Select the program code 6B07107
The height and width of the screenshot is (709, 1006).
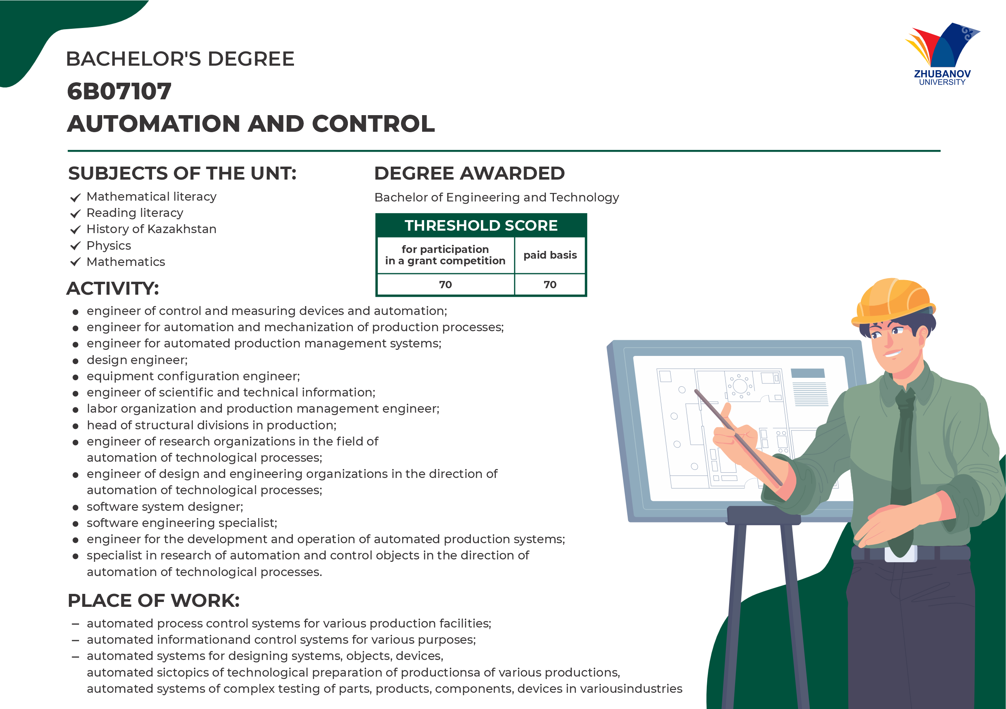coord(119,92)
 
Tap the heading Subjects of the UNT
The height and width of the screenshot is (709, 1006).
coord(182,174)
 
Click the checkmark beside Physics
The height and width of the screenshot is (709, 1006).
coord(75,246)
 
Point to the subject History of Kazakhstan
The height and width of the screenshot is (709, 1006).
coord(151,229)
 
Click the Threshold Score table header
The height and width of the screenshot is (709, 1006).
coord(481,225)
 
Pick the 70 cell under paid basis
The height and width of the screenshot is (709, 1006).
coord(550,285)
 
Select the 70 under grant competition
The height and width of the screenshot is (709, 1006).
coord(446,285)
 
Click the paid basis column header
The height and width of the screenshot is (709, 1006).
coord(550,255)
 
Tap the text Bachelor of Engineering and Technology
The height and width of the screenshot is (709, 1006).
coord(496,197)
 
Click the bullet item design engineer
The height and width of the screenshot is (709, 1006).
coord(137,360)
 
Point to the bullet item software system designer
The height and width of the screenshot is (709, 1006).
coord(165,507)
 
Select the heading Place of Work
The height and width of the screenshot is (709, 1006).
coord(154,601)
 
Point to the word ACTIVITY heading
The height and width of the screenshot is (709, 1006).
coord(113,289)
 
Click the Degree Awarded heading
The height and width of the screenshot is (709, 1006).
coord(469,174)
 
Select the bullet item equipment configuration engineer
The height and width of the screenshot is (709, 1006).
coord(193,376)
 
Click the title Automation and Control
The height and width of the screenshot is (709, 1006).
coord(251,124)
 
